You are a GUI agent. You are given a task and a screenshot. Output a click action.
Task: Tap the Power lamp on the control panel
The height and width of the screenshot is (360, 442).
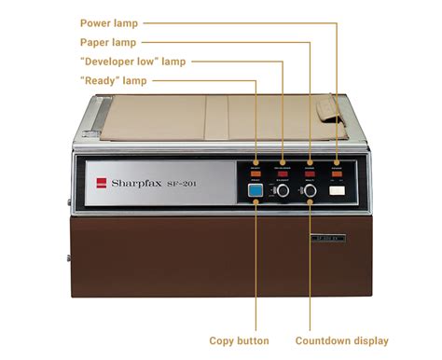pyautogui.click(x=336, y=172)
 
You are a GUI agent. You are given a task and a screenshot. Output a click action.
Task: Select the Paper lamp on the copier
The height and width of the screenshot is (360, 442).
pyautogui.click(x=310, y=172)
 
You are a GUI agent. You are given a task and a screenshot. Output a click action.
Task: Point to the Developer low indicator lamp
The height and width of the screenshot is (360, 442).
pyautogui.click(x=283, y=172)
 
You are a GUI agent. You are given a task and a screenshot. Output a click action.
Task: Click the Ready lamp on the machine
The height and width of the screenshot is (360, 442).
pyautogui.click(x=256, y=172)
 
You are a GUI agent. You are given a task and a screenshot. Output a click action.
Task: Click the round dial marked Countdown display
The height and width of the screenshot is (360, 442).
pyautogui.click(x=310, y=190)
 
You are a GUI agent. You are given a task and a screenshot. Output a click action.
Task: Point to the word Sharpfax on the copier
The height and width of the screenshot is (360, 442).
pyautogui.click(x=136, y=184)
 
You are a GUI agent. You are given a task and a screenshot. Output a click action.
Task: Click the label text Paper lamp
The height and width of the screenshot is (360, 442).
pyautogui.click(x=108, y=42)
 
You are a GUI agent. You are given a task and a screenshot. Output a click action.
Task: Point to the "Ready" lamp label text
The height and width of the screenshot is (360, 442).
pyautogui.click(x=114, y=81)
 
